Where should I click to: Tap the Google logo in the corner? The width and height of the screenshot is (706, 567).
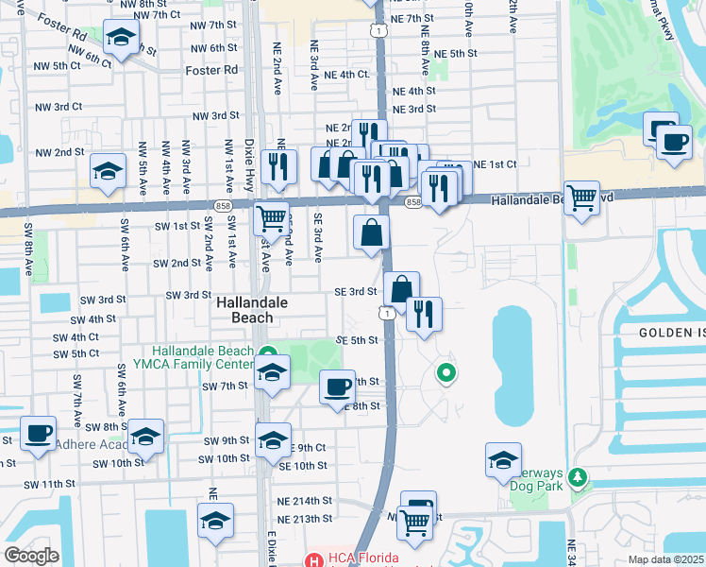click(32, 556)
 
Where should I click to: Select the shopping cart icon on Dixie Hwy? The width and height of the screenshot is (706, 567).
click(272, 218)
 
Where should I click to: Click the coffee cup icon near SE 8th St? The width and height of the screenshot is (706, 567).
click(338, 387)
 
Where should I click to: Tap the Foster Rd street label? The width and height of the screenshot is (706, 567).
click(212, 70)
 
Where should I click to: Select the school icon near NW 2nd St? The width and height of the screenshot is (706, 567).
click(109, 172)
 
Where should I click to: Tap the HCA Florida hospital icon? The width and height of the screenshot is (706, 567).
click(312, 559)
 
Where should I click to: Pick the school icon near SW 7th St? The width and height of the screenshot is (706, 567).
click(272, 373)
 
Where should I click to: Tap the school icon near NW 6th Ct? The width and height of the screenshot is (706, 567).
click(121, 38)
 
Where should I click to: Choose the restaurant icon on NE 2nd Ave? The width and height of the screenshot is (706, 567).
click(277, 166)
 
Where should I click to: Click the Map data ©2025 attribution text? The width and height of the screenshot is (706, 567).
click(666, 559)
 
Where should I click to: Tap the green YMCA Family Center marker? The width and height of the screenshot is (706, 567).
click(267, 352)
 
